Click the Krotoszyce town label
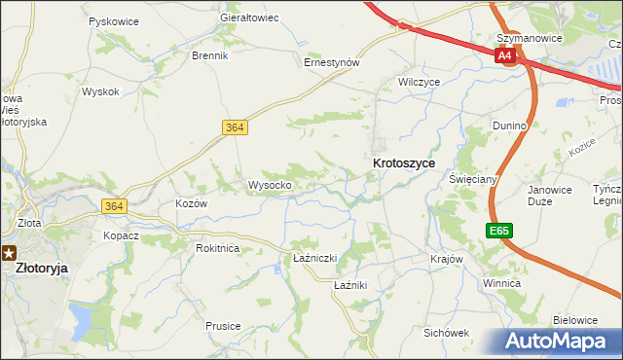(403, 164)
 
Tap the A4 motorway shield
(504, 56)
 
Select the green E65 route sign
(498, 231)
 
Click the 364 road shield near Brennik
(234, 127)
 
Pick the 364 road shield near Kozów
(113, 205)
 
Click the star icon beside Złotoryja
(8, 252)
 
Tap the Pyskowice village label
(112, 20)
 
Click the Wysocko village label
(270, 185)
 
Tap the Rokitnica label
(217, 248)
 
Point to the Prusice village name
(223, 326)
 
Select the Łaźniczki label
(314, 258)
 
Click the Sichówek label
(446, 333)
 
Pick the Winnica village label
(501, 283)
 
